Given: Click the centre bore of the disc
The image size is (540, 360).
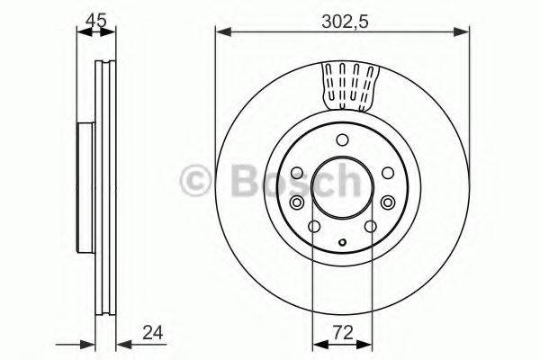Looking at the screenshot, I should click(x=342, y=186).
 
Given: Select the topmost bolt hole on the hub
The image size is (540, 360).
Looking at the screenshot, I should click(x=342, y=139).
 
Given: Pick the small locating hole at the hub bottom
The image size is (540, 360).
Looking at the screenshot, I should click(x=342, y=241).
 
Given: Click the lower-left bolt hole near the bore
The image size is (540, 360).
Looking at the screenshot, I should click(x=314, y=226).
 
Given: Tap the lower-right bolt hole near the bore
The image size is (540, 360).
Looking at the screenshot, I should click(x=370, y=226).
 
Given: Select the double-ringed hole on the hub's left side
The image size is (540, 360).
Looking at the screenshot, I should click(x=297, y=173).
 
